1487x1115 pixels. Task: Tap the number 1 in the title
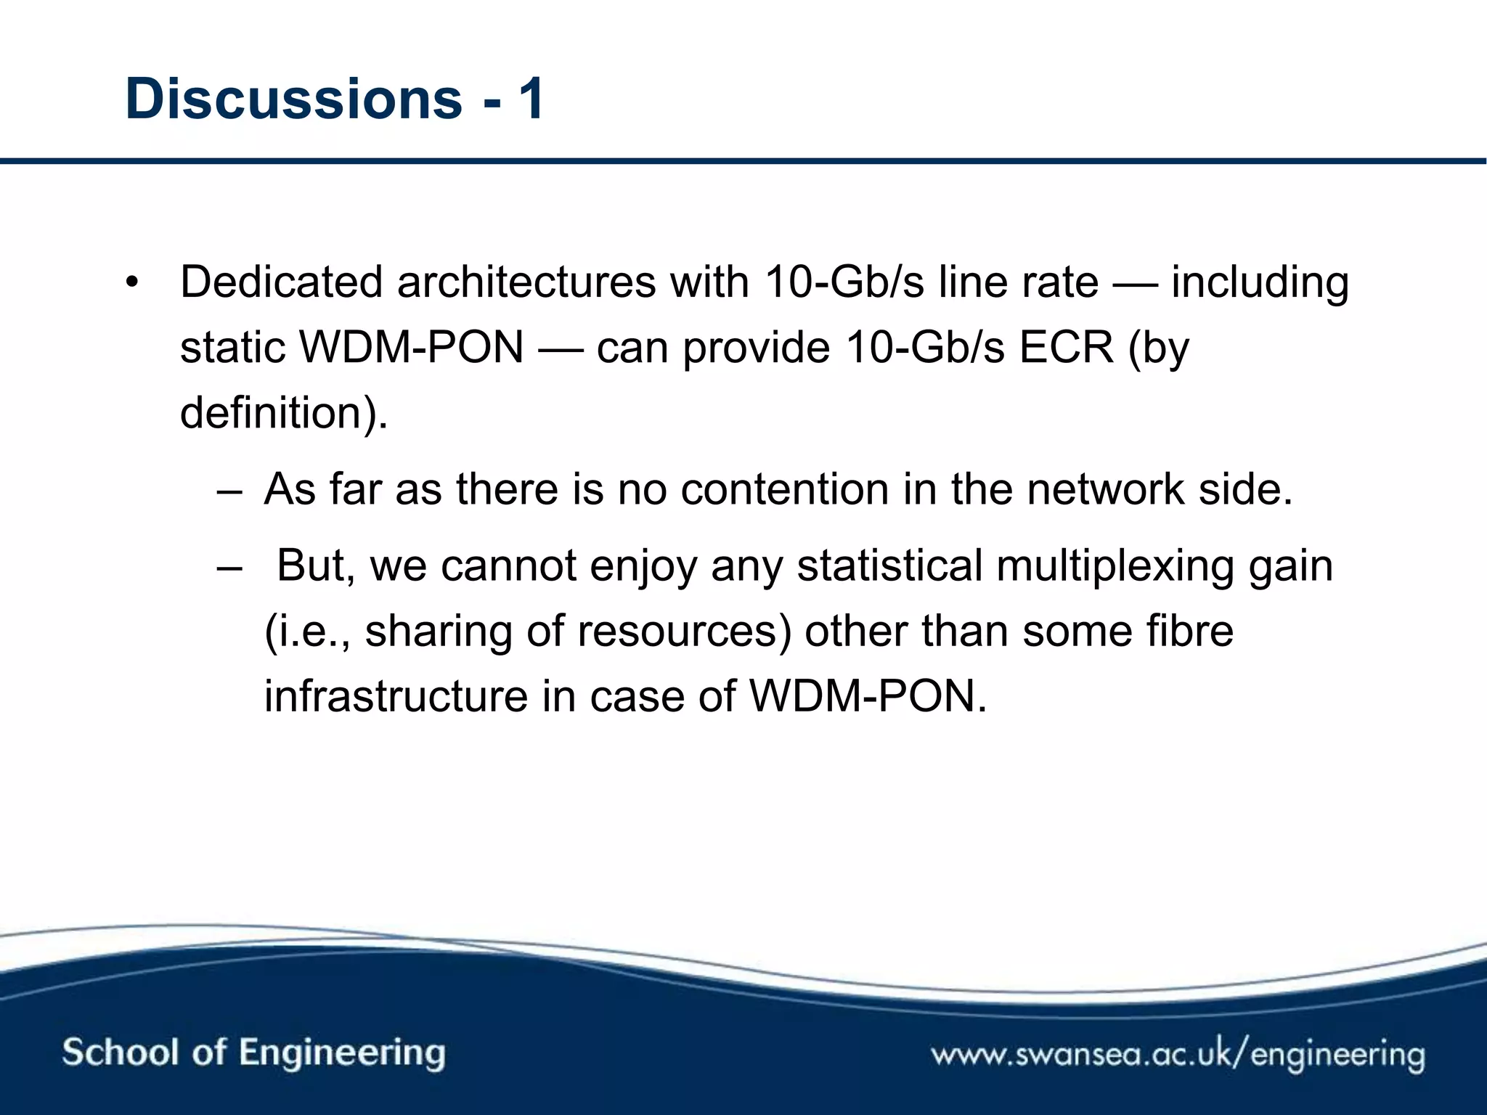click(x=531, y=99)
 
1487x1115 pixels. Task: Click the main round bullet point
click(x=131, y=282)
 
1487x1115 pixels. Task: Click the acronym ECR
click(x=1066, y=347)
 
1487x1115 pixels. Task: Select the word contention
click(x=785, y=489)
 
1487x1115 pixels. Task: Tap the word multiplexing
click(x=1115, y=566)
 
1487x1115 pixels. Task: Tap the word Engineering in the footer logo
click(x=341, y=1053)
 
